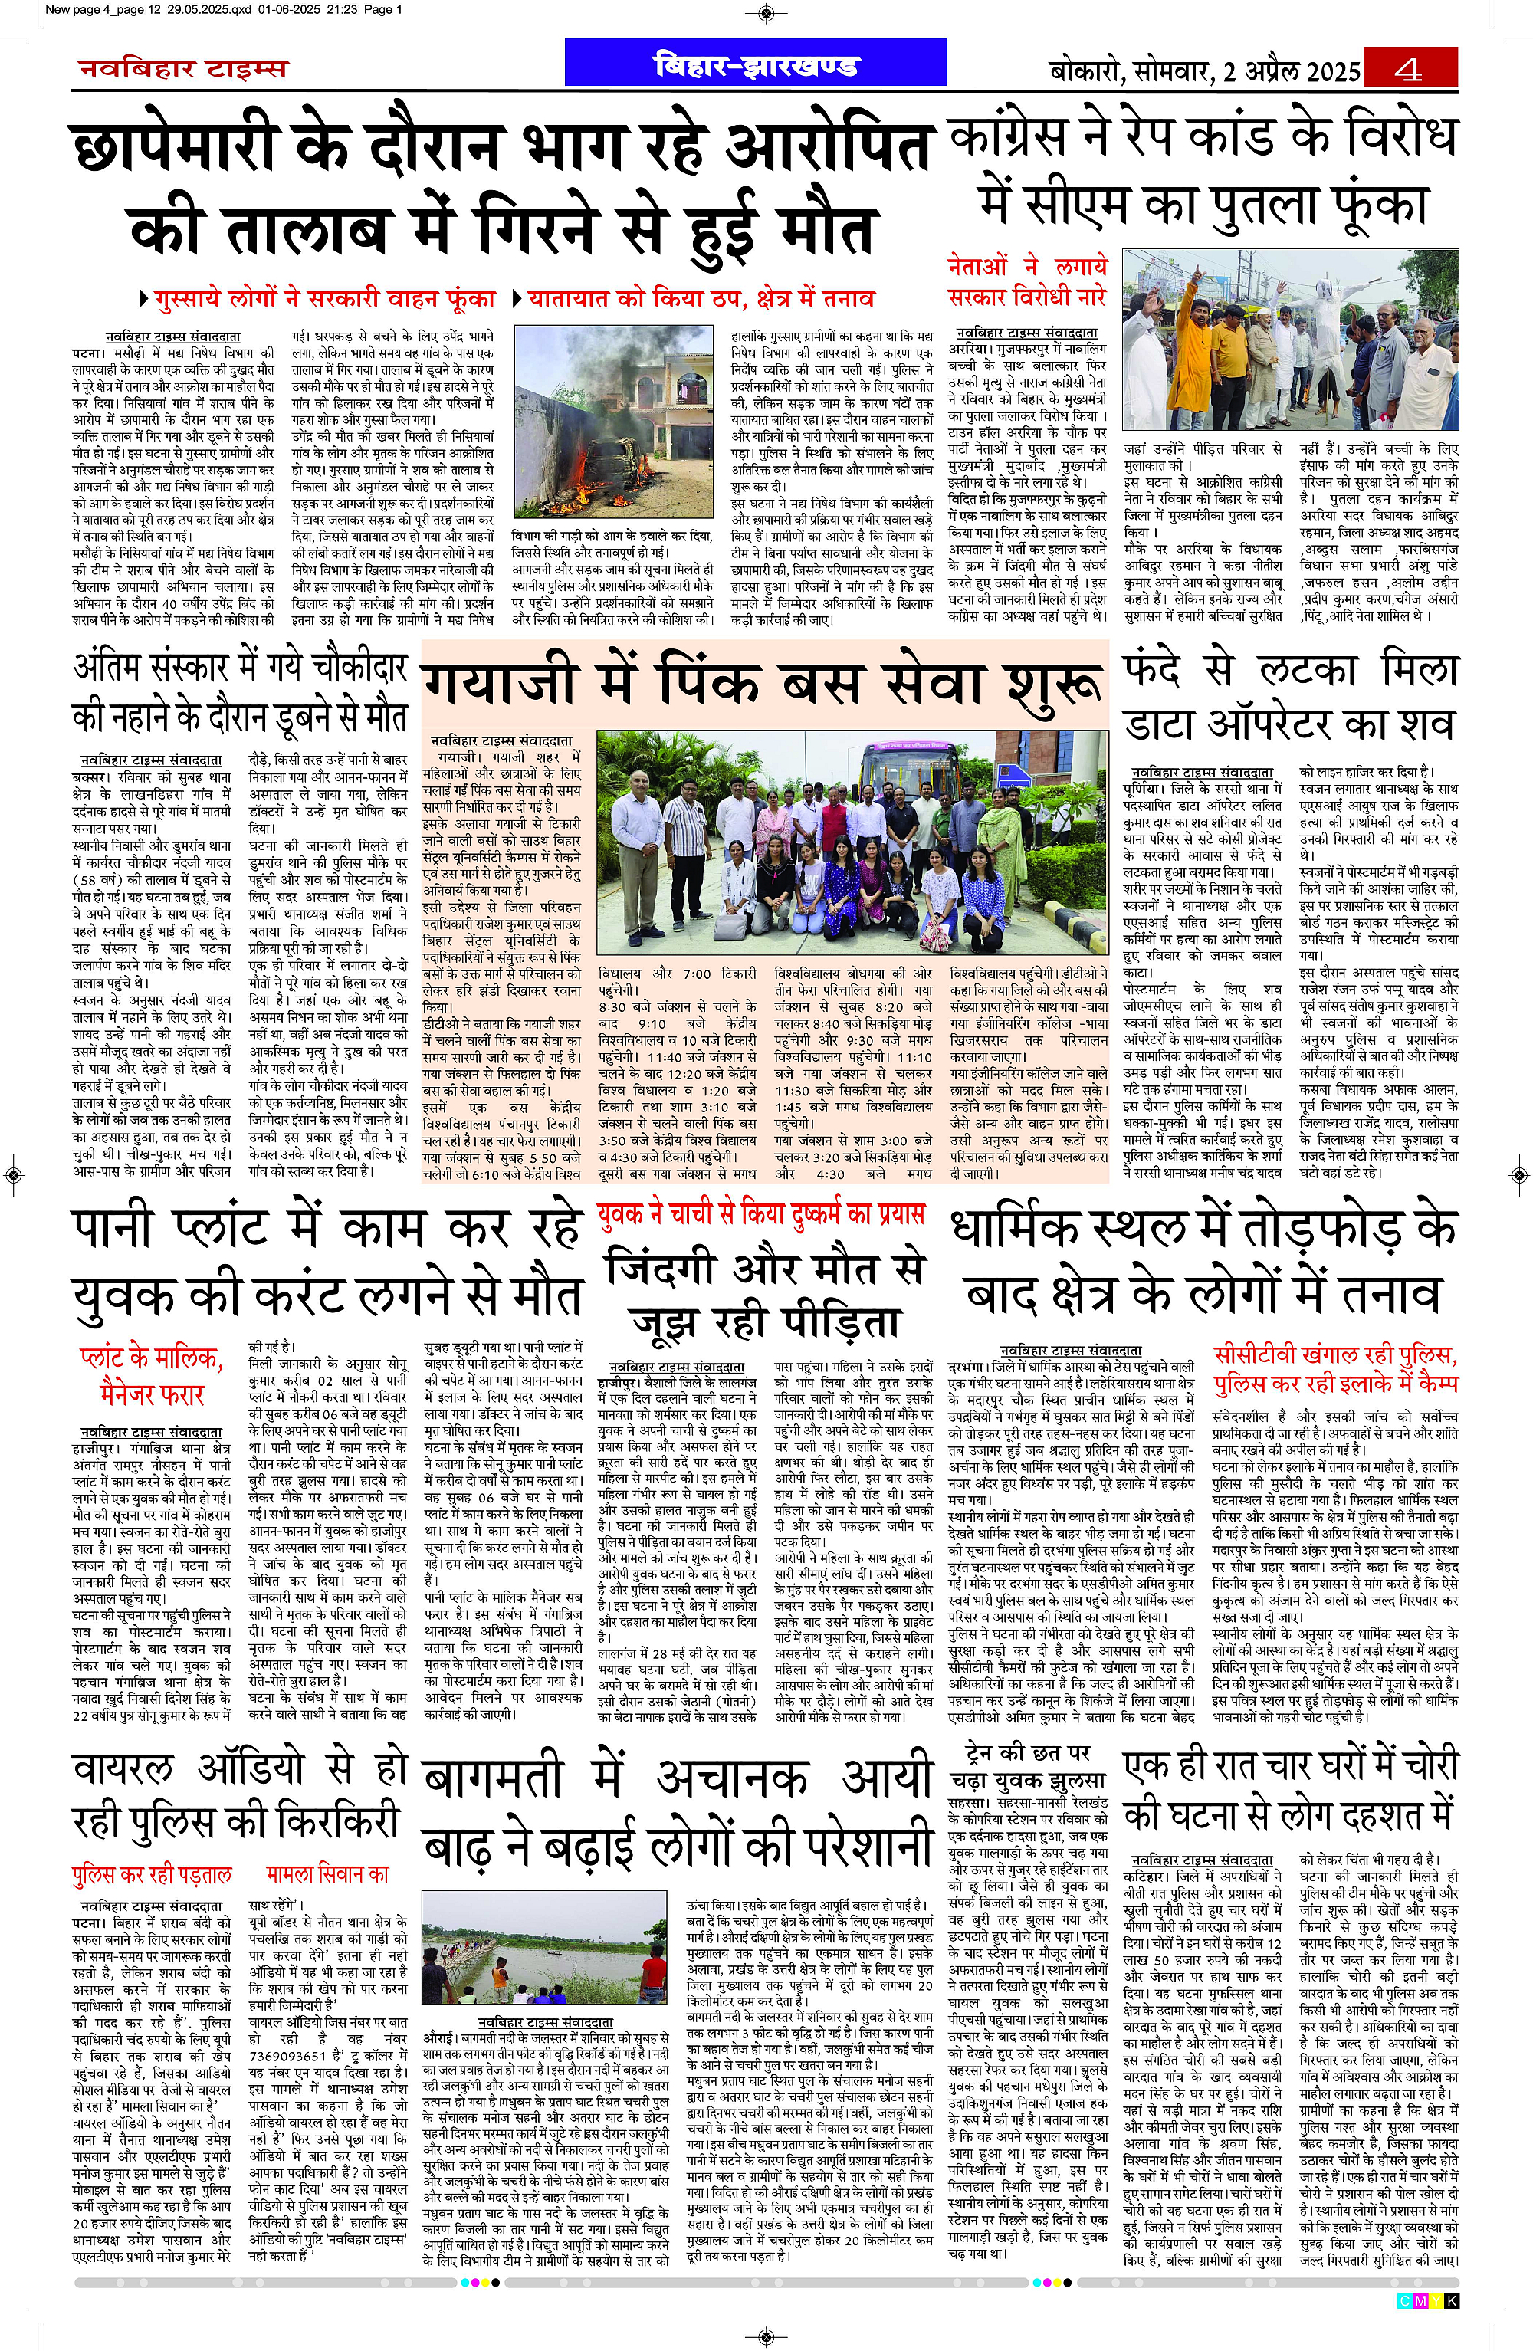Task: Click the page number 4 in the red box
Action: (x=1409, y=70)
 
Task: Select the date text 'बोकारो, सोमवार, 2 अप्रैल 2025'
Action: (x=1204, y=71)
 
